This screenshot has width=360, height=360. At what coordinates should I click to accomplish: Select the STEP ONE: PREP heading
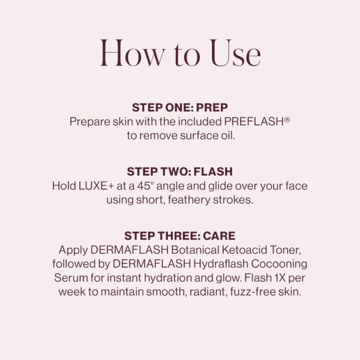180,108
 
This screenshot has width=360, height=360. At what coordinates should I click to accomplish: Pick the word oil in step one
225,136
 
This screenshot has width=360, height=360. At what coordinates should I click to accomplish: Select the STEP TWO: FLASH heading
180,172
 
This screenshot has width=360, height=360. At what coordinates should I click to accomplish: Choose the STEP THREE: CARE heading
180,236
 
